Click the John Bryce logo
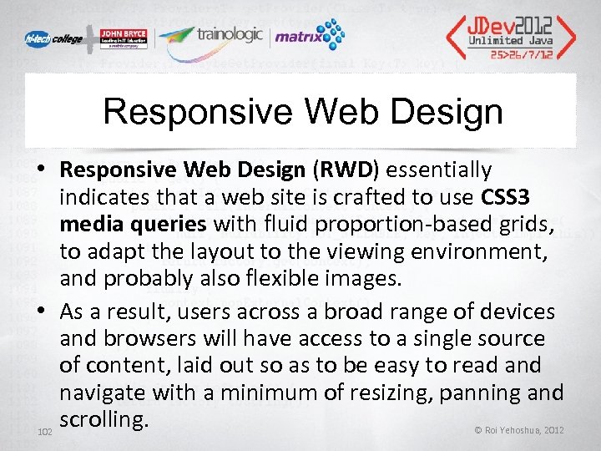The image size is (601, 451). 123,35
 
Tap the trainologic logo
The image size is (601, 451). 210,35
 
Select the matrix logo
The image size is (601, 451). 308,36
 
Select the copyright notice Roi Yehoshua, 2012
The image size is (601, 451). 518,430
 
